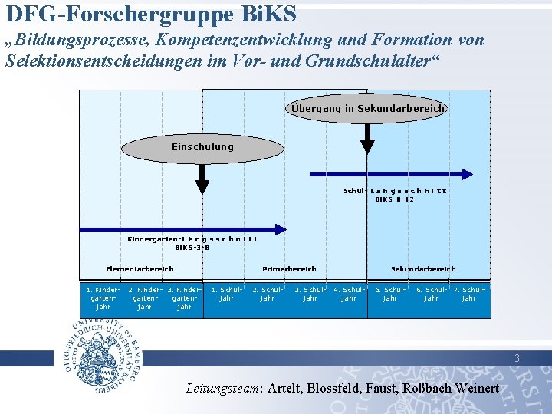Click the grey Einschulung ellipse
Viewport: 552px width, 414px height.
202,147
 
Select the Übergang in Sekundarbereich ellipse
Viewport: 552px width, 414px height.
367,109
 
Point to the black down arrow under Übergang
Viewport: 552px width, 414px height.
367,140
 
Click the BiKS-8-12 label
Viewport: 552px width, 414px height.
395,199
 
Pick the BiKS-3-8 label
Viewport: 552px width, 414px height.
192,248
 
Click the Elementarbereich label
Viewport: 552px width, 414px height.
140,269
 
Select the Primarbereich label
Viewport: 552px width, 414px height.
289,269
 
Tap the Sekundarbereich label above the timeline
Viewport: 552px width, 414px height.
423,269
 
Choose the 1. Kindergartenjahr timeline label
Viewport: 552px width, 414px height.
103,298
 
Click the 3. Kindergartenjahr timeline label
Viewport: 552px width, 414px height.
184,298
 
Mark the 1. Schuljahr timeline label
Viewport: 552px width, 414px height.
226,294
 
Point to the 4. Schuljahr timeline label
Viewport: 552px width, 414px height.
349,294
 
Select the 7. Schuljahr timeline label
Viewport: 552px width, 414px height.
468,294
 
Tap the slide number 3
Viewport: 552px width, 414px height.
517,358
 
